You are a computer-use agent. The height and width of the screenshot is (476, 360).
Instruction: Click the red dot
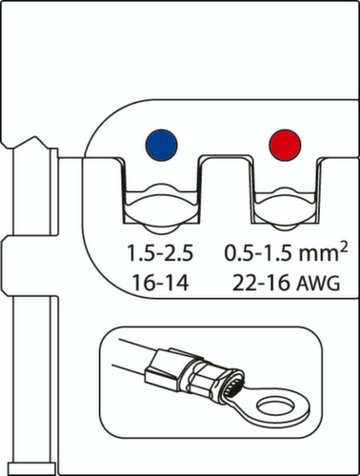[286, 147]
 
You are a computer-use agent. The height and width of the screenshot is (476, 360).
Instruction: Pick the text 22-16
[256, 283]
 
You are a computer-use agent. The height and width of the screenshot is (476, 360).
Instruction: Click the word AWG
[316, 283]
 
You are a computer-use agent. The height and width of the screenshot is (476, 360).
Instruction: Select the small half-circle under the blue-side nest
[159, 227]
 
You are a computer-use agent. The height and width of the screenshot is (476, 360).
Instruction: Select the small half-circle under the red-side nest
[286, 227]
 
